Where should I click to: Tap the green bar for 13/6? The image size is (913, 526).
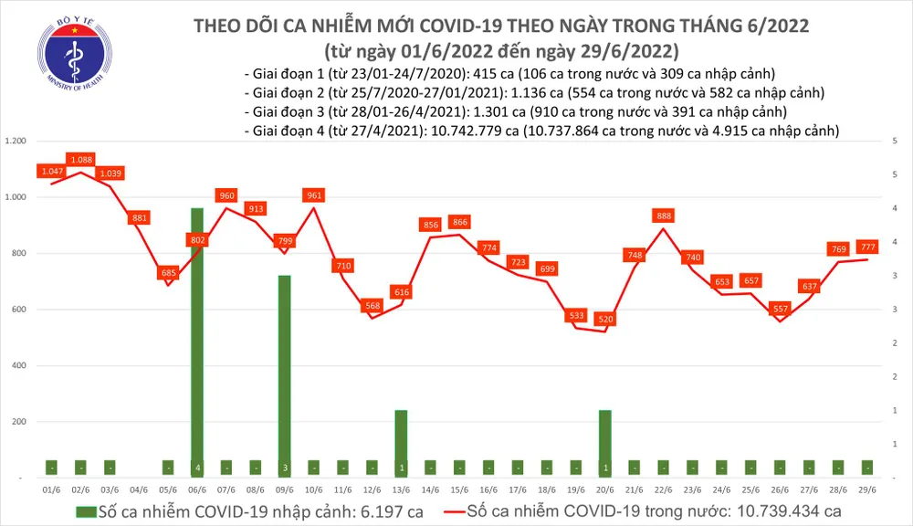[401, 443]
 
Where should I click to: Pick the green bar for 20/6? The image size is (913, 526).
[605, 443]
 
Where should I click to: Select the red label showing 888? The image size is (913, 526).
[664, 216]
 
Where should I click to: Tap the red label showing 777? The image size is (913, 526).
[867, 246]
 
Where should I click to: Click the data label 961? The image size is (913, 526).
[314, 195]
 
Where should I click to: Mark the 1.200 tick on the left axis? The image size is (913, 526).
[16, 142]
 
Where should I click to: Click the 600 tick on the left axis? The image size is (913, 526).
[20, 310]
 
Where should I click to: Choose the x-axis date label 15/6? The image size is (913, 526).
[459, 490]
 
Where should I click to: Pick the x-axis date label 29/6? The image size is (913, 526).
[867, 490]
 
